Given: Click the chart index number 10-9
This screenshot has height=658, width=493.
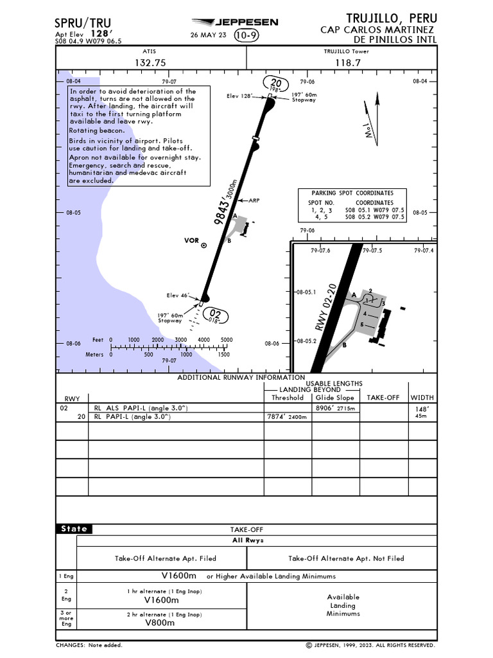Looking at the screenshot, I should (246, 35).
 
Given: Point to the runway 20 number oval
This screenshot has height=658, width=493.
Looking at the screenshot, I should (276, 84).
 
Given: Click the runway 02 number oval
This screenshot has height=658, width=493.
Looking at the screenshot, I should (216, 314).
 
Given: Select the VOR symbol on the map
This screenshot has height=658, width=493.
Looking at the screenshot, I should (204, 245).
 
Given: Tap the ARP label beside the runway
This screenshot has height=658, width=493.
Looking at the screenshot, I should (254, 200).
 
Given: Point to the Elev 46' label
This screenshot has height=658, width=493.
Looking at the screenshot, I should (179, 296).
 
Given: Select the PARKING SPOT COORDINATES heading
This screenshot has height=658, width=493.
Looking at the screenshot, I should (352, 193).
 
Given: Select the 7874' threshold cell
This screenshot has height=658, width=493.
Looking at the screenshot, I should (287, 416).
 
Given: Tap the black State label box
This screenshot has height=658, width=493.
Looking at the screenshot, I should (74, 529).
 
